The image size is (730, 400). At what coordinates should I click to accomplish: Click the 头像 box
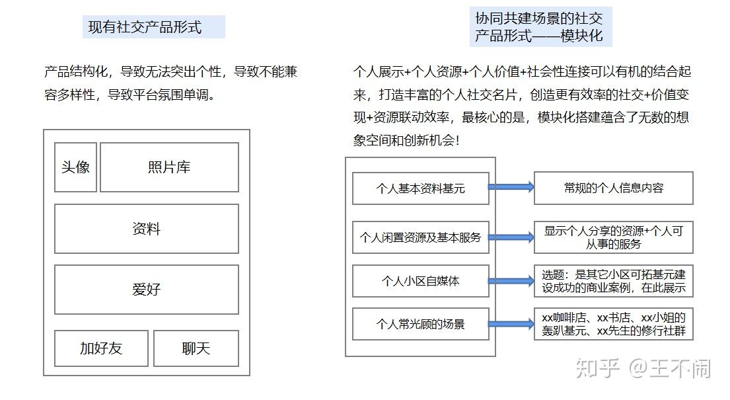75,167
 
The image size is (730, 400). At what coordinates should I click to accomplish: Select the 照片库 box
169,167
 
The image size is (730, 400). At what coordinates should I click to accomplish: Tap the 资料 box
146,229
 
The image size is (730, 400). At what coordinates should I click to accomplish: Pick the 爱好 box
146,290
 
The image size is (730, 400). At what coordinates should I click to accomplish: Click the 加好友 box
101,348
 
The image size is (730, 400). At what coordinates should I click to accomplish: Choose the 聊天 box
196,348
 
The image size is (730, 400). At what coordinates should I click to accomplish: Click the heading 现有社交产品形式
145,27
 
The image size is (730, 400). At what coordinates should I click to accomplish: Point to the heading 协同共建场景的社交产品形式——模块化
539,26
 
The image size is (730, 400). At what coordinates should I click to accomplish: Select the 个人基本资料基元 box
420,188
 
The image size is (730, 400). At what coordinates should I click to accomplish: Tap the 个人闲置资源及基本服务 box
420,237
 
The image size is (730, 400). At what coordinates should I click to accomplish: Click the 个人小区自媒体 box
420,281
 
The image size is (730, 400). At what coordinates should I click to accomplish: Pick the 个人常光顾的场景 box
420,324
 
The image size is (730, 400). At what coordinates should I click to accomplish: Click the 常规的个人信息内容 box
613,188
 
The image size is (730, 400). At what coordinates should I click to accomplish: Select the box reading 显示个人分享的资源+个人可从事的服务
613,237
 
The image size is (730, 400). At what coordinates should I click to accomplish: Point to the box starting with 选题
613,281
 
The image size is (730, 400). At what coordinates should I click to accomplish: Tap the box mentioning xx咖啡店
613,324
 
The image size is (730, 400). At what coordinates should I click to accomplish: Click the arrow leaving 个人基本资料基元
511,187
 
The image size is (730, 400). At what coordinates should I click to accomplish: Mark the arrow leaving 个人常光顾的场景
511,324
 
